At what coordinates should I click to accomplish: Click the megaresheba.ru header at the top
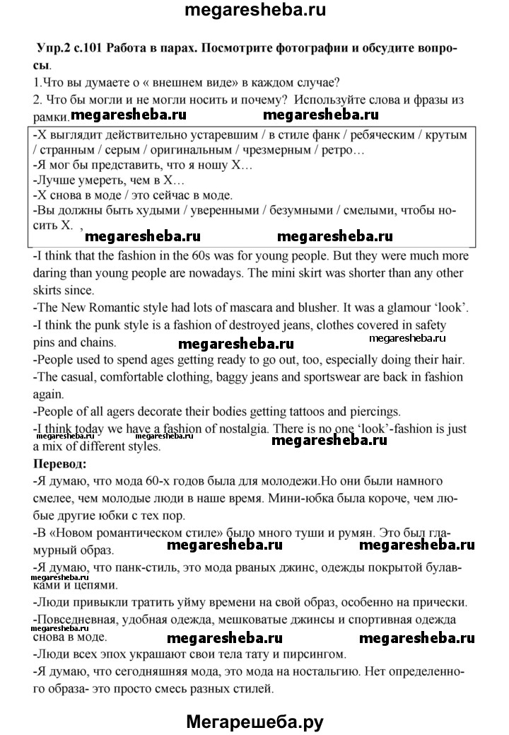pos(255,12)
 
